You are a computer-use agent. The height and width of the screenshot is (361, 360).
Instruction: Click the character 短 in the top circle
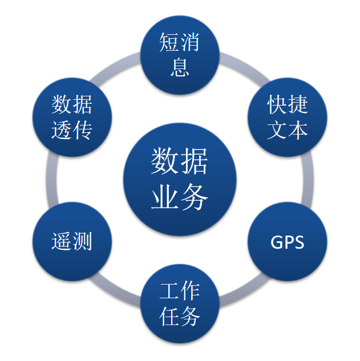pos(169,43)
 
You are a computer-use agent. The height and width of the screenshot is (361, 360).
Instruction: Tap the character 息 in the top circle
pos(180,67)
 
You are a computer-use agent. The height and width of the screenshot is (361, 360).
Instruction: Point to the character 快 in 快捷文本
pos(277,106)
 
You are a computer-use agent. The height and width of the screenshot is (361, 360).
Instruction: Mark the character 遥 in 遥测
pos(61,241)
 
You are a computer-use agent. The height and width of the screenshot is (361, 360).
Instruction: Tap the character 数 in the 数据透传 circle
pos(61,106)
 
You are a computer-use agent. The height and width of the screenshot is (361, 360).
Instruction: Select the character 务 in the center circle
pos(195,197)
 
